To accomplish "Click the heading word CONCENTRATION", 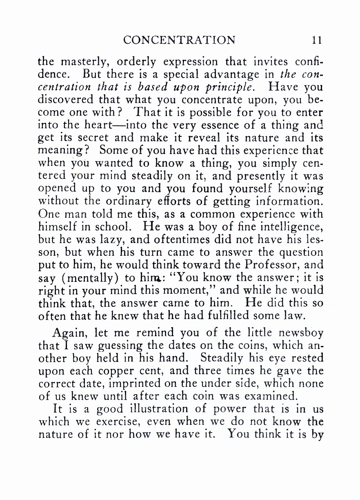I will point(179,40).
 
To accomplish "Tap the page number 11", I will point(317,40).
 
